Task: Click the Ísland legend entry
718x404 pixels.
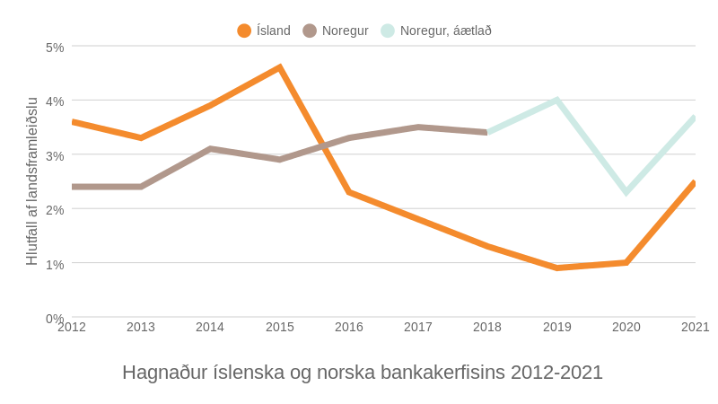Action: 264,31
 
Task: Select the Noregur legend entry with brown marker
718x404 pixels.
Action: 336,31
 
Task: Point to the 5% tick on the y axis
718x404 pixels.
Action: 55,47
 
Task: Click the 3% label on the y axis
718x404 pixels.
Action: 55,155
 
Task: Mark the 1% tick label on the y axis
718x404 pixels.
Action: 55,264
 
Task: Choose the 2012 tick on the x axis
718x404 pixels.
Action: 72,327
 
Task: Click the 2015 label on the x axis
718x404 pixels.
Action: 280,327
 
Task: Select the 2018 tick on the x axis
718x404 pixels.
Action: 487,327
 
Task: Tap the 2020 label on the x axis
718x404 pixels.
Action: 626,327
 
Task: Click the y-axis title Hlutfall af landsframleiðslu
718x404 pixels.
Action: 32,181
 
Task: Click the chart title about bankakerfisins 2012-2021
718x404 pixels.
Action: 363,372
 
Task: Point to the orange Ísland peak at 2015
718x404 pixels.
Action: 280,67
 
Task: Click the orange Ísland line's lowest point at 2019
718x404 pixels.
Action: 557,268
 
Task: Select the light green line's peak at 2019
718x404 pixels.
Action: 557,100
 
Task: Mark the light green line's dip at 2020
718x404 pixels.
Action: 626,192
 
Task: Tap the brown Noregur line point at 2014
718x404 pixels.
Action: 210,149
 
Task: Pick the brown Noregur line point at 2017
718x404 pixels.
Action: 418,127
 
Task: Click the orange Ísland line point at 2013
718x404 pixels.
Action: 141,137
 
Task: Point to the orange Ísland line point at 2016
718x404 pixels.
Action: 349,192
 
